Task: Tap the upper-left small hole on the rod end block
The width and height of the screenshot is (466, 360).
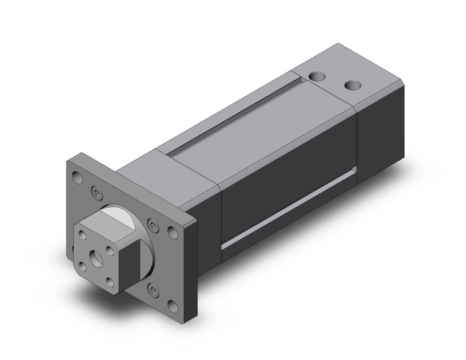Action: click(85, 234)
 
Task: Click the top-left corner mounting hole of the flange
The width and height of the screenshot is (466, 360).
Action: click(77, 177)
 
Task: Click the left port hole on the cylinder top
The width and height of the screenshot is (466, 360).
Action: click(316, 77)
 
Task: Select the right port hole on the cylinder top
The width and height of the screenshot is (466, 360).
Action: click(352, 85)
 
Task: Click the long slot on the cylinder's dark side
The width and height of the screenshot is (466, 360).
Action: click(288, 209)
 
